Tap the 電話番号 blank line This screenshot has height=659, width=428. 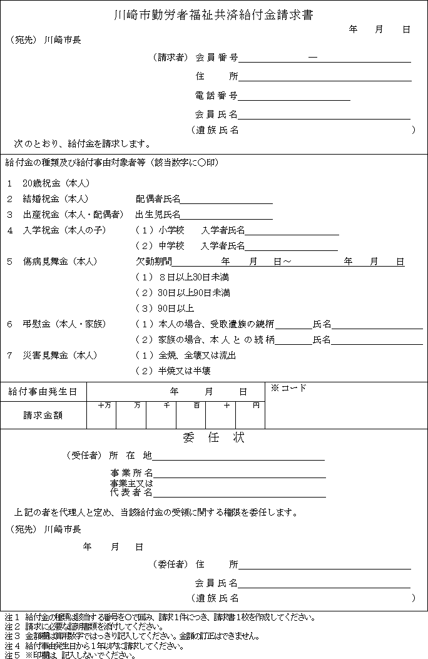click(x=293, y=96)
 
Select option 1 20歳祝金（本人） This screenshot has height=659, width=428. click(x=49, y=183)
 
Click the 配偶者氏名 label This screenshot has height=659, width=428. click(x=158, y=199)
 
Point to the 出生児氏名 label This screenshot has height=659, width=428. click(x=158, y=215)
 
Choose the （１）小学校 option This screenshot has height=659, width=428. click(x=160, y=230)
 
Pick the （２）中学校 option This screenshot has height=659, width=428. click(x=160, y=246)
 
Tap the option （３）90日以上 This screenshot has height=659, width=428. click(x=165, y=309)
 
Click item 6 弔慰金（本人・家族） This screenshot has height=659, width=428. click(x=56, y=324)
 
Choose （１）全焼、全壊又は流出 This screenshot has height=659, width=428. click(x=186, y=355)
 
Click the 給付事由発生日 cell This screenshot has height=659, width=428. click(x=43, y=392)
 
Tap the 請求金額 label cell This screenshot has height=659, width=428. click(x=43, y=415)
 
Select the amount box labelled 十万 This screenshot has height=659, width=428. click(x=101, y=416)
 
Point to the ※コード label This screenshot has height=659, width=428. click(x=288, y=388)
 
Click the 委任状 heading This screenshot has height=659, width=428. click(x=213, y=438)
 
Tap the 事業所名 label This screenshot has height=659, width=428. click(x=131, y=473)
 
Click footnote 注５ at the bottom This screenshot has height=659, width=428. click(x=70, y=655)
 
